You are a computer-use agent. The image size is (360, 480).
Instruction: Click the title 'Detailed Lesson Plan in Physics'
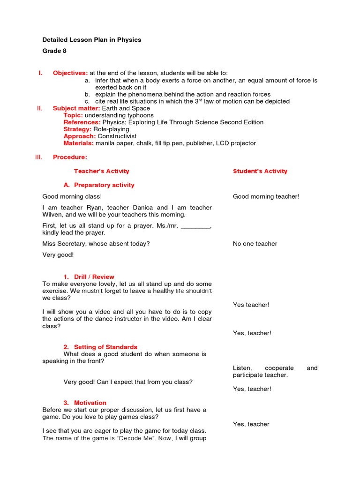click(x=91, y=40)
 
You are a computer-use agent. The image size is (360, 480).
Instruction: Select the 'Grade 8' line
click(x=54, y=51)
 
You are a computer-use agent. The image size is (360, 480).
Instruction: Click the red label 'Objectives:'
click(x=70, y=73)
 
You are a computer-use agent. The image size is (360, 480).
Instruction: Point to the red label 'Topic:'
click(x=74, y=115)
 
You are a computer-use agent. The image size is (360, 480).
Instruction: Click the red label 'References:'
click(x=82, y=122)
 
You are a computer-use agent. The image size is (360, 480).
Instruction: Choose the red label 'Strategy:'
click(x=77, y=129)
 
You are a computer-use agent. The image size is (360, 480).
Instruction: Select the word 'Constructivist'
click(x=117, y=136)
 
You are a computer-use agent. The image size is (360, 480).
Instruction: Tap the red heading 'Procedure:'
click(x=70, y=157)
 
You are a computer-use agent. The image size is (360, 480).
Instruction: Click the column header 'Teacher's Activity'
click(x=101, y=171)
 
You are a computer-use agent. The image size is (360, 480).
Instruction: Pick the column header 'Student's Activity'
click(x=260, y=171)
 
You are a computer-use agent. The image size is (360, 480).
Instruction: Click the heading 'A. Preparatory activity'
click(x=99, y=185)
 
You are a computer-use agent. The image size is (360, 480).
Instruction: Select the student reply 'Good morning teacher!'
click(x=266, y=197)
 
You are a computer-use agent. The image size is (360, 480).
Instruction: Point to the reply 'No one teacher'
click(x=255, y=244)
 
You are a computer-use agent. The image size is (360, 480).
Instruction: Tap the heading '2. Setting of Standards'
click(x=100, y=347)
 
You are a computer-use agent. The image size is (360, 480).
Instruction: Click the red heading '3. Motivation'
click(x=85, y=403)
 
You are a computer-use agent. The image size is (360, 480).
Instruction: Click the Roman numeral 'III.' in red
click(x=39, y=157)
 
